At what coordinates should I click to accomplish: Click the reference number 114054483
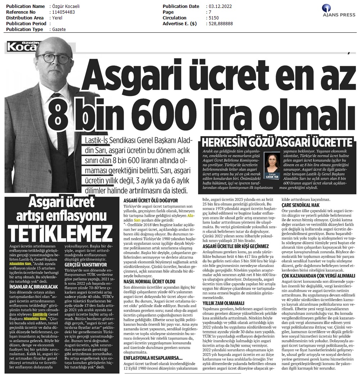click(64, 12)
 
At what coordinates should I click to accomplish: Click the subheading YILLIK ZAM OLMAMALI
click(223, 303)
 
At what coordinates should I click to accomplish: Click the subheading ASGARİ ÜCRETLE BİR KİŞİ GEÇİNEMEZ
click(235, 246)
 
